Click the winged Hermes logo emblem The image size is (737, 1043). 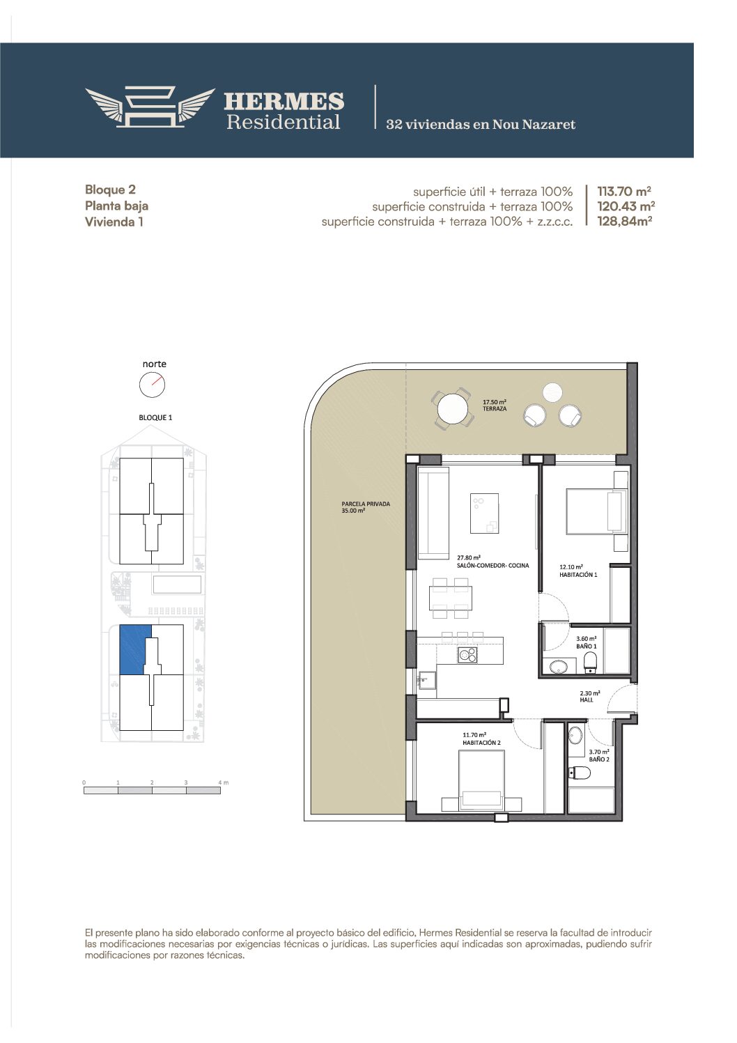point(150,107)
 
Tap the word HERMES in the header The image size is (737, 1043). point(284,102)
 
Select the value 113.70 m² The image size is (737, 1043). point(624,191)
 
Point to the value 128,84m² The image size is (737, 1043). point(624,221)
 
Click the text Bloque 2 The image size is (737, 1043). point(110,190)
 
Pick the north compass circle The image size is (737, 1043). point(153,385)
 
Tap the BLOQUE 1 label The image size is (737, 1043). point(155,417)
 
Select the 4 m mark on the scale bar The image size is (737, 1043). point(224,782)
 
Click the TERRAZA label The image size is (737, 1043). point(495,409)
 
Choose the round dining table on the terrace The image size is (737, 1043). point(453,409)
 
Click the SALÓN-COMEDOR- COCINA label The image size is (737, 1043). point(493,566)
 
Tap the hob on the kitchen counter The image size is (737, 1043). point(467,655)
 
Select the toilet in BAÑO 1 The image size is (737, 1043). point(590,662)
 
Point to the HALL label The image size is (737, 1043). point(587,700)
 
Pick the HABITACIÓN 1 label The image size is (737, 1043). point(578,575)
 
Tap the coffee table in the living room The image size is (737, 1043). point(484,513)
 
